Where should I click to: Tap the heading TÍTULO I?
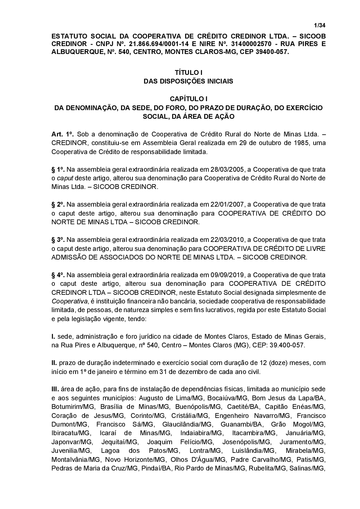coord(188,73)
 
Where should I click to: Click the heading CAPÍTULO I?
coord(188,99)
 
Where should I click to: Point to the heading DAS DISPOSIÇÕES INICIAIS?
coord(188,81)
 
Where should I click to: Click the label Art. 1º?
coord(63,134)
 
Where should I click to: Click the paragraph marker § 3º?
coord(58,239)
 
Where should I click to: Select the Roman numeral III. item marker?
coord(55,389)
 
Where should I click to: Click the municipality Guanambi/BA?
coord(241,424)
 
